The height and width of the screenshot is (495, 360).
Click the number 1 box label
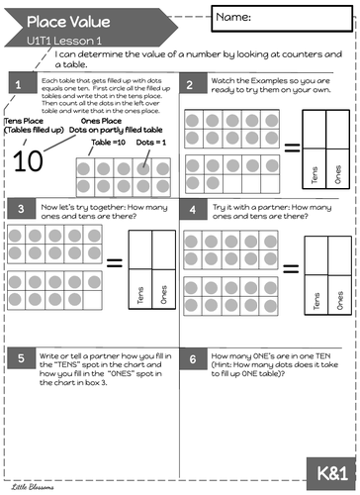point(18,86)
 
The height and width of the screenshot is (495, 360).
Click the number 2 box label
point(190,86)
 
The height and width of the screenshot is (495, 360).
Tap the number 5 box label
point(18,358)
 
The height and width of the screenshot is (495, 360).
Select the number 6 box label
point(190,358)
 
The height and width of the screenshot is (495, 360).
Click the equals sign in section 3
point(116,263)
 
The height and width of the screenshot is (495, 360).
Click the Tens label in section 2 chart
point(315,175)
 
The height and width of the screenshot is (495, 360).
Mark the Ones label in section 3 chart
point(161,295)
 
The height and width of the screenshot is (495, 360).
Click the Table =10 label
point(106,142)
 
